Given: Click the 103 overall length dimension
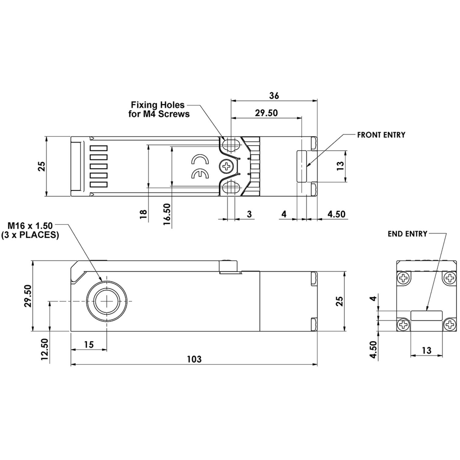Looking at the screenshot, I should [194, 359].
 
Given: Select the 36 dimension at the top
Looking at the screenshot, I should [274, 96].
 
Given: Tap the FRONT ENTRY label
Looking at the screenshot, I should [381, 135].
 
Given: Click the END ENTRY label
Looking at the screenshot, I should [407, 234].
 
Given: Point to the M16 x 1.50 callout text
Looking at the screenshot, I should [30, 230].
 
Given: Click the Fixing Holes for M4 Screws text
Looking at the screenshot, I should [158, 109].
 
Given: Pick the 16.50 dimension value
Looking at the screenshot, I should [167, 214].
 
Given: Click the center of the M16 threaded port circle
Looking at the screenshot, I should [106, 301].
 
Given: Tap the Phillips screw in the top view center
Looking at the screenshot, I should [226, 167].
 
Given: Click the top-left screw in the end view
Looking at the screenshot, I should [404, 278].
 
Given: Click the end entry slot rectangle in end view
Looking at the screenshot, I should [426, 316].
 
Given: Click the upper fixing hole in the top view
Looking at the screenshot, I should [231, 145].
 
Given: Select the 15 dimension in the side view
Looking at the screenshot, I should [89, 344].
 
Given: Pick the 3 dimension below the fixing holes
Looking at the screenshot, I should [249, 214].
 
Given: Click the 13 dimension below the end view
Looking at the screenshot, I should [426, 350].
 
